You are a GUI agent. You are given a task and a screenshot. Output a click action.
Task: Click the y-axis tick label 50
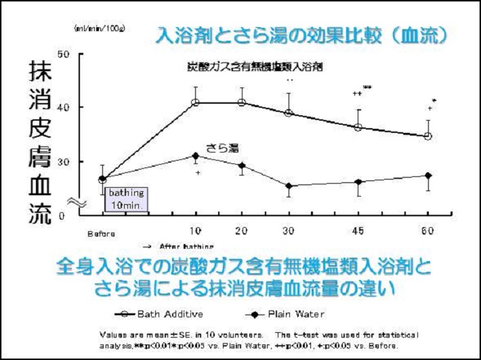click(65, 54)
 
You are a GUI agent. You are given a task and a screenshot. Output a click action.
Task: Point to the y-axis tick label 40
click(65, 107)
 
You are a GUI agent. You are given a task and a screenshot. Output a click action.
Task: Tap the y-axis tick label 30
click(65, 161)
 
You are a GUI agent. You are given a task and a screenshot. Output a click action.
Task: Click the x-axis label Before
click(100, 234)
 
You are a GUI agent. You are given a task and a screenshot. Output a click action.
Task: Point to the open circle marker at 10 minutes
click(195, 102)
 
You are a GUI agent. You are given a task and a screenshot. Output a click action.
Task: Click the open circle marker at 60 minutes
click(427, 136)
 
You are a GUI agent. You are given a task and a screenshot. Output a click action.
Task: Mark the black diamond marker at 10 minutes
click(195, 156)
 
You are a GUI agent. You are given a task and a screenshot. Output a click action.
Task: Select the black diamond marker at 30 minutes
click(289, 186)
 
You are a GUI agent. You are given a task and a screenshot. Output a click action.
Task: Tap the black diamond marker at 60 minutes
click(427, 176)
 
